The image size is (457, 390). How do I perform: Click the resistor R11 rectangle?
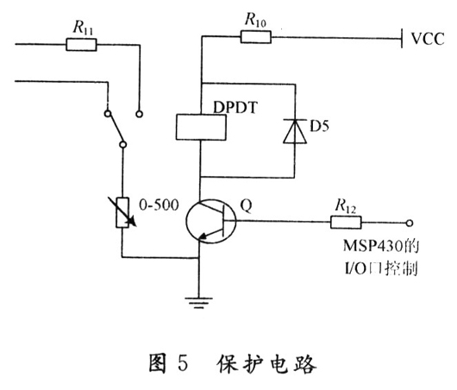(81, 45)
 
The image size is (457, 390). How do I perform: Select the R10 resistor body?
(256, 37)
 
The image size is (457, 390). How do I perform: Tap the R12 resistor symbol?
(346, 223)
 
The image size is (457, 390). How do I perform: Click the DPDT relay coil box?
(201, 127)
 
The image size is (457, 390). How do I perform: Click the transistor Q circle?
(211, 221)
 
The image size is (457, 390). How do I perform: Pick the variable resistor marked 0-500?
(122, 212)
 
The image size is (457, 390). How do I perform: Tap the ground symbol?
(199, 303)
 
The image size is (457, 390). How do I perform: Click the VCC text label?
(428, 39)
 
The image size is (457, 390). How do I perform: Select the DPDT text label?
(235, 107)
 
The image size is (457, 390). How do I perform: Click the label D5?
(319, 126)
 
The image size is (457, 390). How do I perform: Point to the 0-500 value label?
(159, 205)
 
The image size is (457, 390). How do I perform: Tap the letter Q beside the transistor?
(247, 205)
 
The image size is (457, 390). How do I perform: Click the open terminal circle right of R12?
(410, 223)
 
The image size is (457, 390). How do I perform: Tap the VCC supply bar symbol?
(402, 38)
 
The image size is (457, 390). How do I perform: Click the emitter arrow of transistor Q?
(204, 236)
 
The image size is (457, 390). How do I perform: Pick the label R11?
(83, 28)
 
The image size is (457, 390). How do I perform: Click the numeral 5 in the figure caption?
(183, 363)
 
